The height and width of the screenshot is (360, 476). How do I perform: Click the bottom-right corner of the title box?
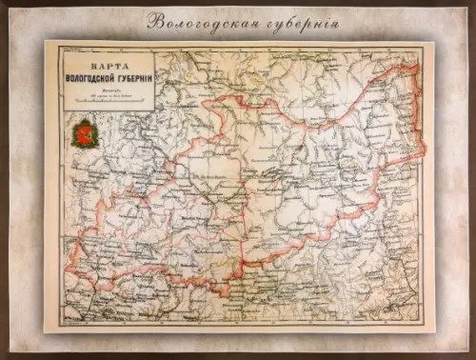[x=142, y=114]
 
